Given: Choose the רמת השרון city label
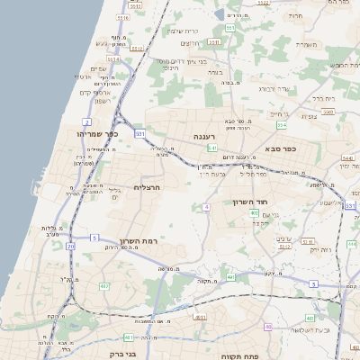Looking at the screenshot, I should coord(138,242).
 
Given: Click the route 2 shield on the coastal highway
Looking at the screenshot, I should coord(87,121).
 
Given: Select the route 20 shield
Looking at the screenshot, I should coord(71,246).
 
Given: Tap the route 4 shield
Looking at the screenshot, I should coord(206,207).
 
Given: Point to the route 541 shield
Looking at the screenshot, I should coord(211,147).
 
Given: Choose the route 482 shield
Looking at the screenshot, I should coord(103,286).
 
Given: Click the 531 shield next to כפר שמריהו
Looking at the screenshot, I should coord(139,133).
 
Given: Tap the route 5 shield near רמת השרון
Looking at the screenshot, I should coord(94,238).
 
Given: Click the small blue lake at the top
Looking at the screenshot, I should coord(220,14).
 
